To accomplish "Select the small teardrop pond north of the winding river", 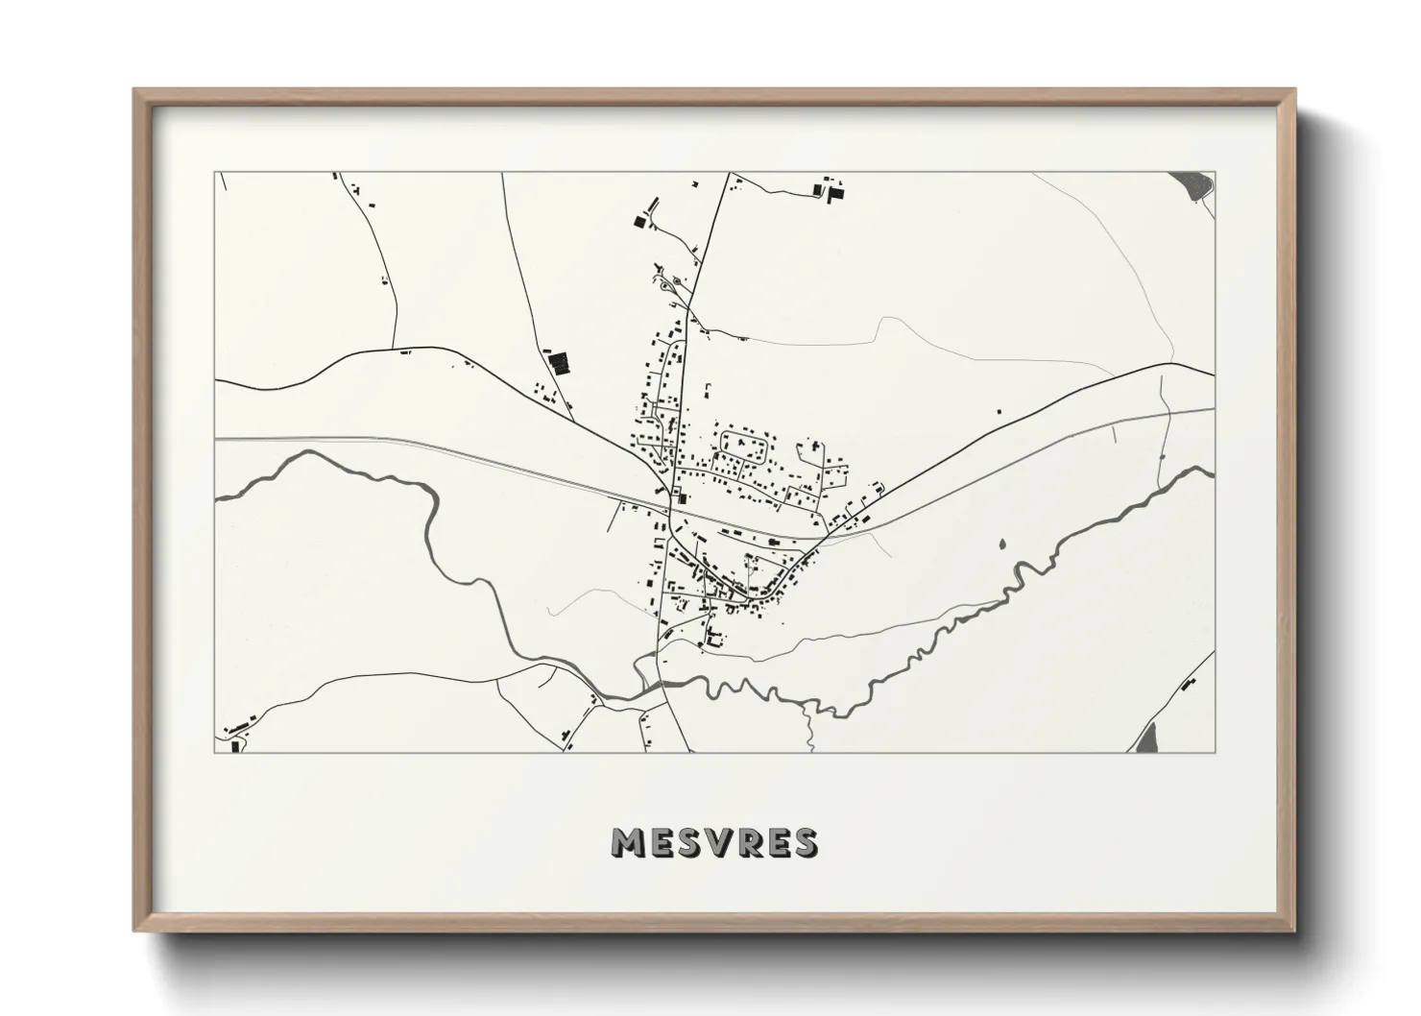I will coord(1002,544).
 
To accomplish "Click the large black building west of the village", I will coord(558,364).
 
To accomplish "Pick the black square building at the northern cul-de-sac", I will coord(640,222).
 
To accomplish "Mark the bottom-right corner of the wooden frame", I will coord(1297,931).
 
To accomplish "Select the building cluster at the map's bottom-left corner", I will coord(232,739).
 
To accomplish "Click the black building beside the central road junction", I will coord(683,497).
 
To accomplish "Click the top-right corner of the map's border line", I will coord(1215,173).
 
